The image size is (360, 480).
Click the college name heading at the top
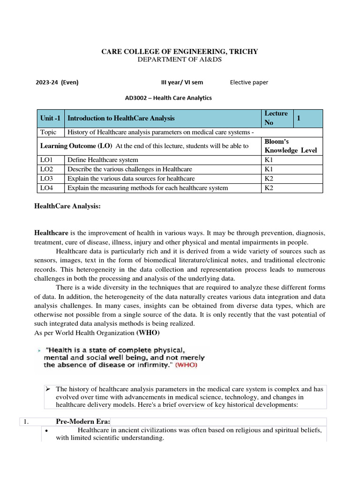click(180, 52)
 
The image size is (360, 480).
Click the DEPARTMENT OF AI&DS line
click(180, 60)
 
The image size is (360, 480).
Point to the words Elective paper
click(249, 82)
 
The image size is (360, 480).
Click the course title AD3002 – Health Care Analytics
click(168, 98)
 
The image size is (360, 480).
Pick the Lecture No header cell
click(277, 118)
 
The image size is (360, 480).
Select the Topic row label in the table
click(48, 132)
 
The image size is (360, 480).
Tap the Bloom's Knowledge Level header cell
click(291, 146)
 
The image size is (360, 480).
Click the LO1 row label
click(47, 160)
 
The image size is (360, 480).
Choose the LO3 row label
click(47, 179)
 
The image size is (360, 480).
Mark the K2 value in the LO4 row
click(269, 188)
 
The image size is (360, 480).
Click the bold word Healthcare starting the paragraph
click(52, 232)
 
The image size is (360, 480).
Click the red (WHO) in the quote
click(186, 365)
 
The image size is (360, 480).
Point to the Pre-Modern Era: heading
click(83, 421)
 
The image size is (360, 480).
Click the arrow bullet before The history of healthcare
click(47, 389)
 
